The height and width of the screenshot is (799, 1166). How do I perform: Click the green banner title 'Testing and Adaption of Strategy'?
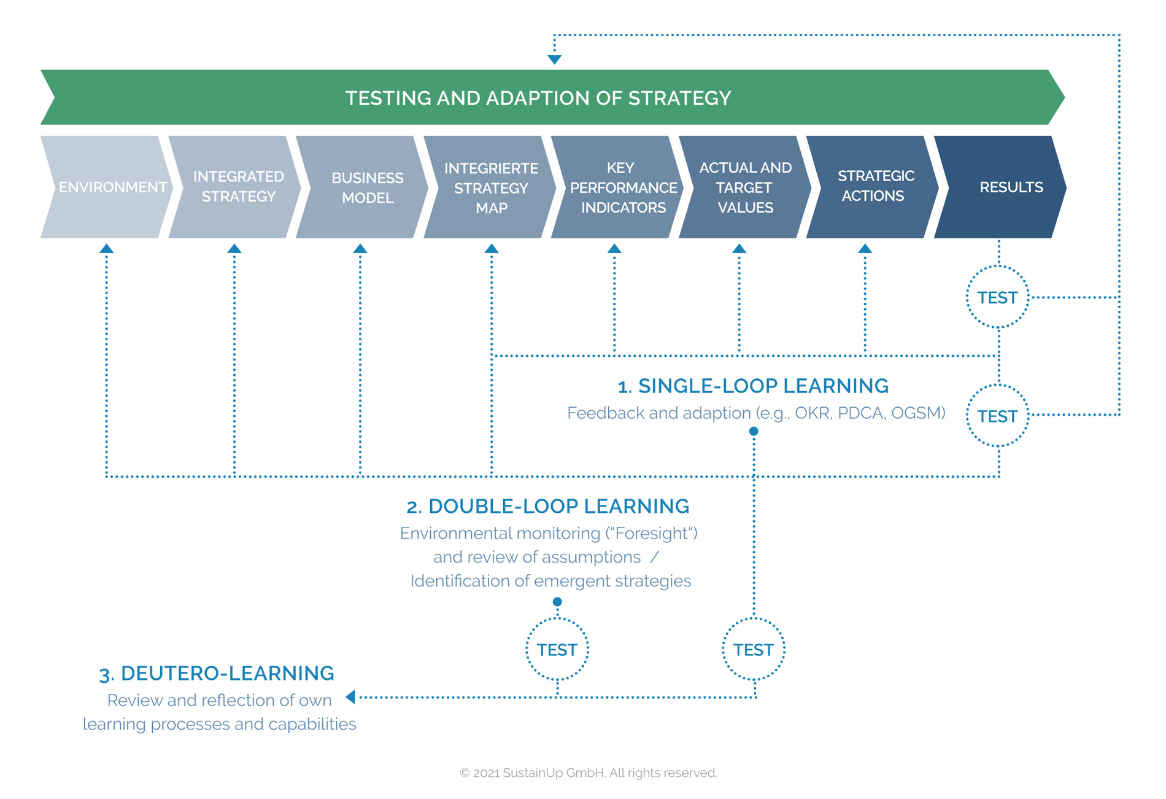(538, 98)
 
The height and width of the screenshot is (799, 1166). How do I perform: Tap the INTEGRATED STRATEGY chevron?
(236, 187)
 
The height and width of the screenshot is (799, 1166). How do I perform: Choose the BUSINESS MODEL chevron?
(365, 187)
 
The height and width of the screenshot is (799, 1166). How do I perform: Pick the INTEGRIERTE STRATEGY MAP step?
(491, 187)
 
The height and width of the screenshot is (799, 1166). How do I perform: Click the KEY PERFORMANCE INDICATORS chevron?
(620, 187)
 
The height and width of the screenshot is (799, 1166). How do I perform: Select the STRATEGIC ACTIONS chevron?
(873, 186)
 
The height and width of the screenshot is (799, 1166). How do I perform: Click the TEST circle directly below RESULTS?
(997, 298)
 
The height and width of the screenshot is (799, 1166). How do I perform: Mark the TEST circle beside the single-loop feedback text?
(997, 416)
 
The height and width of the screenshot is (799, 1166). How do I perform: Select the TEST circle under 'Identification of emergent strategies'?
(557, 650)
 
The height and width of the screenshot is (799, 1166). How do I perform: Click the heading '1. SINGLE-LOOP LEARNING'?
(753, 386)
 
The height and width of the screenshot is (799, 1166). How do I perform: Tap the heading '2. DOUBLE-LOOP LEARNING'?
(547, 506)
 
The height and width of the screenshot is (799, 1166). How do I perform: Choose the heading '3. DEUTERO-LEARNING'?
(217, 673)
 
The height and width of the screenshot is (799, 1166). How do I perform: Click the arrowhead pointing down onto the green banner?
(554, 60)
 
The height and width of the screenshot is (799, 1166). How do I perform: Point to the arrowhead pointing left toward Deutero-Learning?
(351, 697)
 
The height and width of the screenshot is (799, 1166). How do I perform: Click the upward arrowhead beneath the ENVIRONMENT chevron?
(107, 249)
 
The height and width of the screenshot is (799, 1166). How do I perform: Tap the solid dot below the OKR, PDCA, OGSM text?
(754, 431)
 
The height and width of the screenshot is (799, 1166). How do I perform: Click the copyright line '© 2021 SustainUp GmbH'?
(588, 773)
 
